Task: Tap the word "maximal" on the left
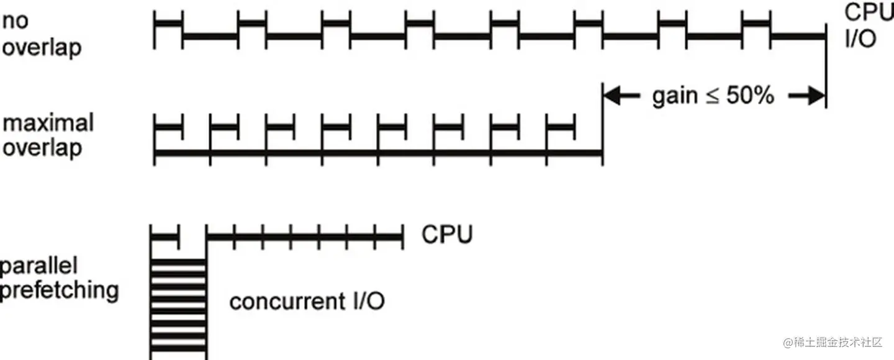pos(48,124)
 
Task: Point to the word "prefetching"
pos(59,290)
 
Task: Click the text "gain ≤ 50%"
pos(713,96)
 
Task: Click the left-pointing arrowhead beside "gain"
pos(612,96)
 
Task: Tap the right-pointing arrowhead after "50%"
pos(815,96)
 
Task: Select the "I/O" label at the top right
pos(859,40)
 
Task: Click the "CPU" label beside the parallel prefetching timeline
pos(447,235)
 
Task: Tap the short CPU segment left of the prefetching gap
pos(165,236)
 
